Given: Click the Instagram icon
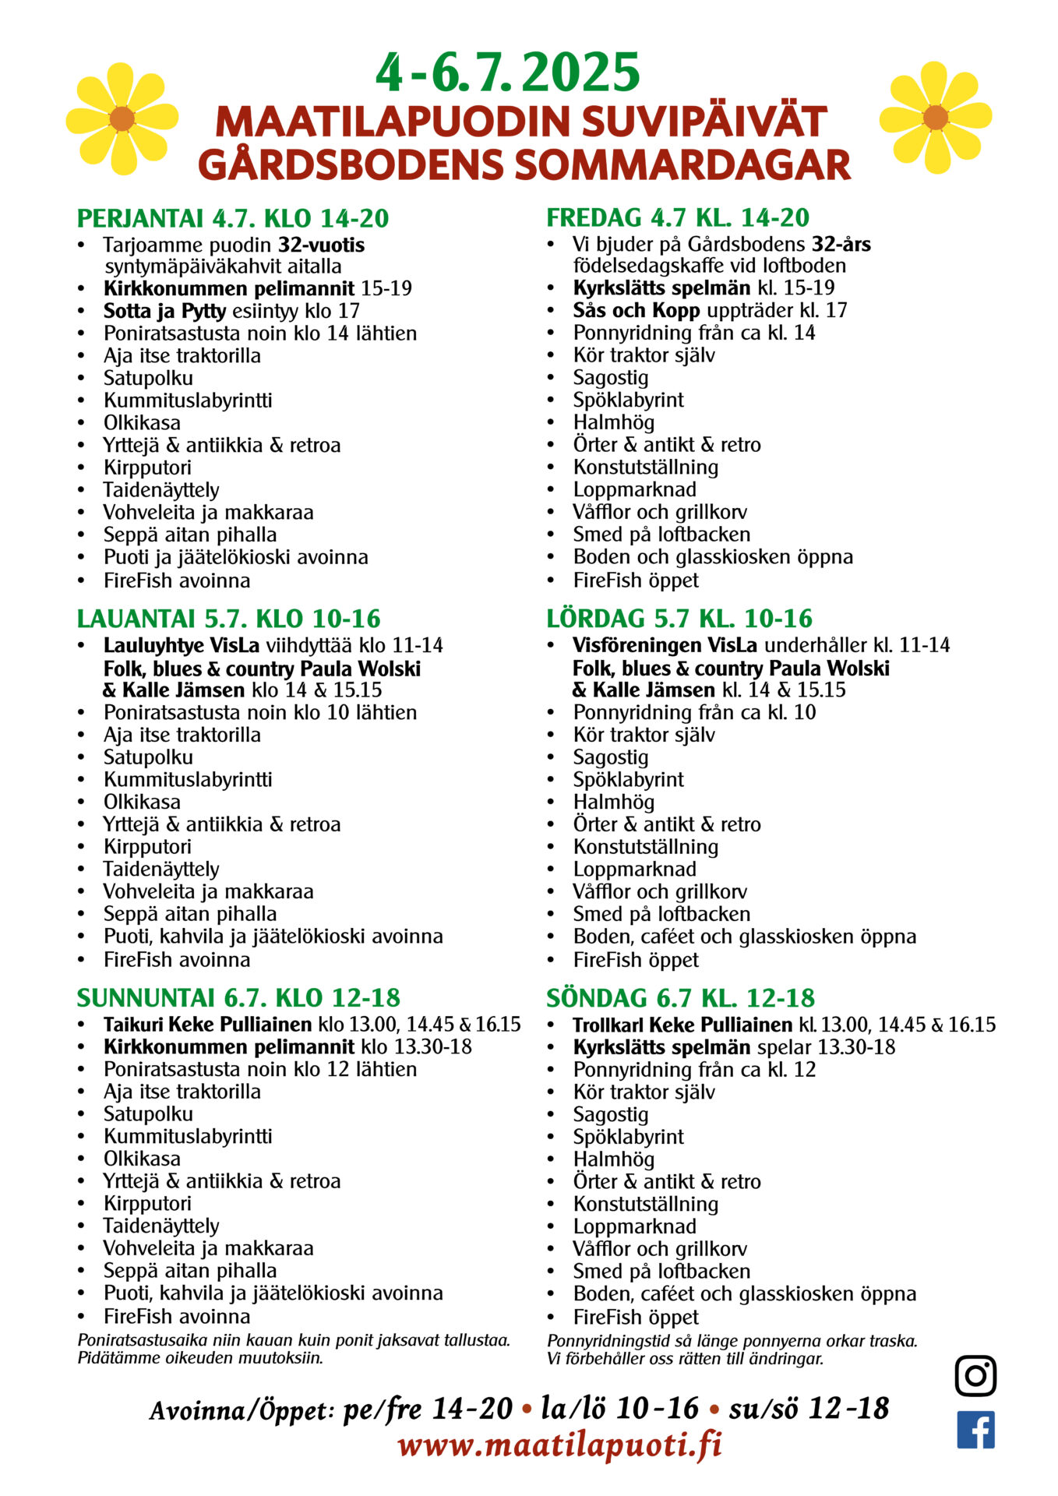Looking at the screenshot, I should point(975,1375).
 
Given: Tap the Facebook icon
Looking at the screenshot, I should point(975,1430).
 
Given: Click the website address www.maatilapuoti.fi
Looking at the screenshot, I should point(559,1446).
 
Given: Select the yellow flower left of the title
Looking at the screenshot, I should point(122,118).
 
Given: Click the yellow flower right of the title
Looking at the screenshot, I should point(935,118).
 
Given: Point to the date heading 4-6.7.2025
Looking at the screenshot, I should point(508,73).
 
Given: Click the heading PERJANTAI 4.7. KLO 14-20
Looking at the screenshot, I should point(233,219).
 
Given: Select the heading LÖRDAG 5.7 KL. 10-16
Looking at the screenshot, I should point(679,619).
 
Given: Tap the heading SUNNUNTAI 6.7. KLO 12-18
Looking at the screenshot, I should point(238,998).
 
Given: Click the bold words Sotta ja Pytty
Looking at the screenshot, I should point(164,311).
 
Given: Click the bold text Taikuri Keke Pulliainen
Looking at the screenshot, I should point(206,1024).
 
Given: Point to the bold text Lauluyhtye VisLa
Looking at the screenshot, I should point(182,645).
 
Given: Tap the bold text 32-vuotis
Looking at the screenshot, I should point(321,245).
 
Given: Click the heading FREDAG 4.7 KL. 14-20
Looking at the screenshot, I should point(678,217).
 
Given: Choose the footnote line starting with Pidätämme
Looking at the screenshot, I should point(200,1358).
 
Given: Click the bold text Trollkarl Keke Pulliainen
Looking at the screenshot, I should point(682,1025).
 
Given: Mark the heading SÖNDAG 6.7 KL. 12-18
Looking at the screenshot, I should point(680,998).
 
